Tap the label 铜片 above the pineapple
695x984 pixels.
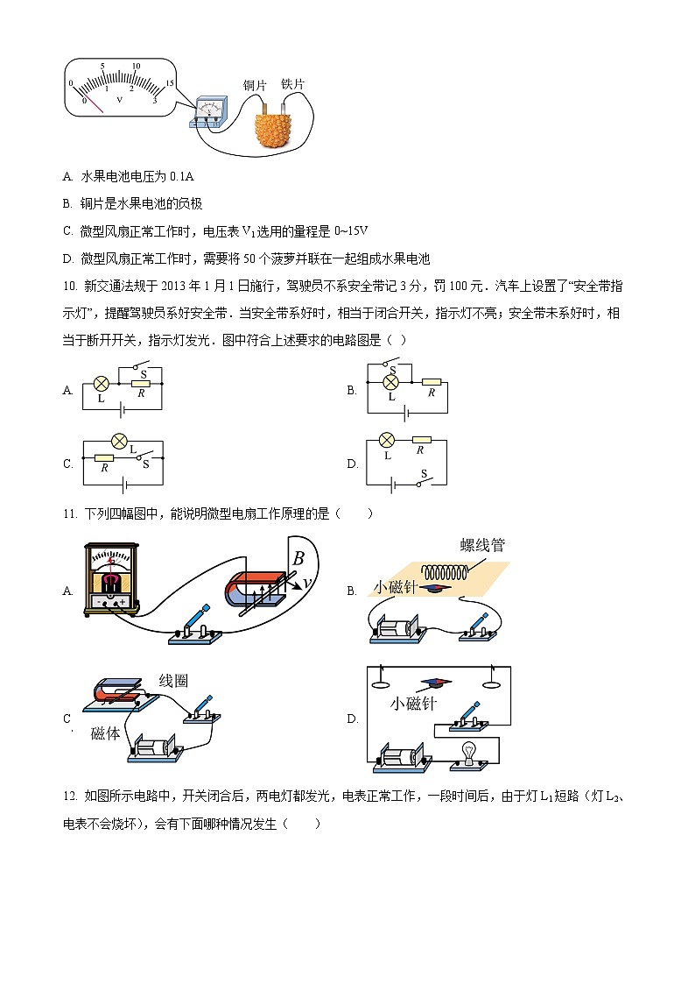click(255, 86)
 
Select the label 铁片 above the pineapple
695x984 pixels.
click(292, 84)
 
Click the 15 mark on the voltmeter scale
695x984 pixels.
click(170, 82)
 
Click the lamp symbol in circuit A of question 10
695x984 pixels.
click(101, 384)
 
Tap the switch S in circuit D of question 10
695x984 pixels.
click(424, 478)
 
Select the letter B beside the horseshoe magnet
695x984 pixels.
click(298, 558)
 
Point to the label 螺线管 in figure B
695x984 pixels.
click(482, 545)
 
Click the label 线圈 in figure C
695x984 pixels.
click(174, 681)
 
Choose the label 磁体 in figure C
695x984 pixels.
click(105, 734)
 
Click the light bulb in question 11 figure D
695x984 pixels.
click(469, 752)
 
